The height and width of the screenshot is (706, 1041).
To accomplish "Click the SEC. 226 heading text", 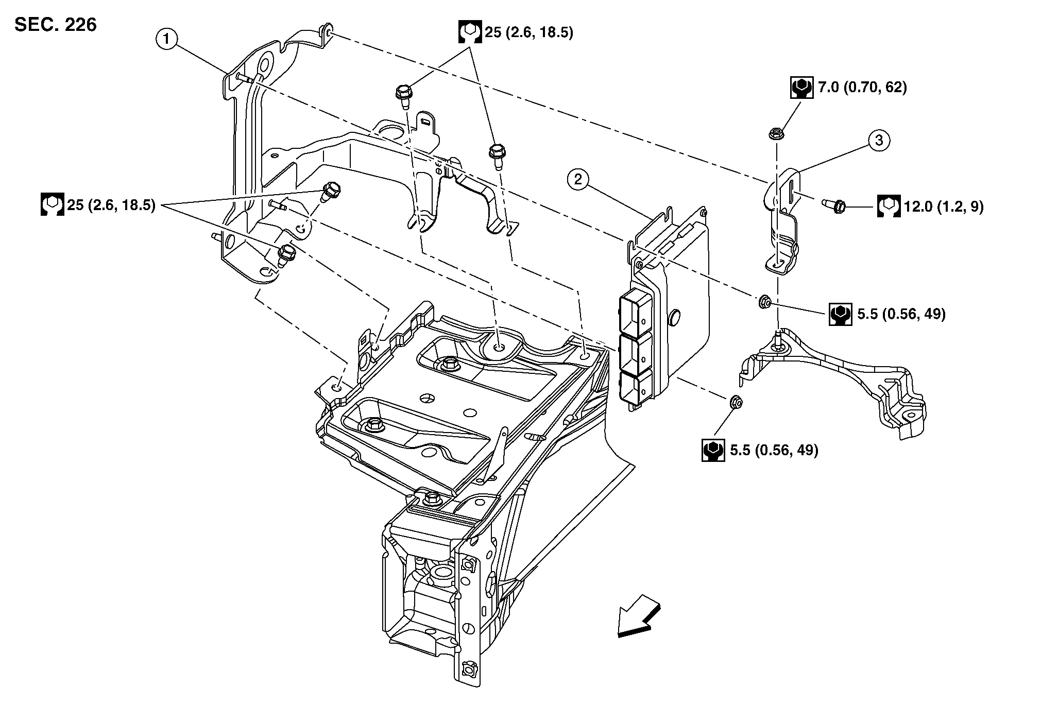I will click(x=56, y=24).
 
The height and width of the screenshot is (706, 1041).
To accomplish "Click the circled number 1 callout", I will click(x=167, y=38).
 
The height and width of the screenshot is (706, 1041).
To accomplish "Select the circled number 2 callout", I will click(x=578, y=180).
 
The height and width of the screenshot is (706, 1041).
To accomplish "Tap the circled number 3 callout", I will click(x=879, y=140).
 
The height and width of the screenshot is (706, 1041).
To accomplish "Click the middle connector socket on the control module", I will click(x=633, y=353).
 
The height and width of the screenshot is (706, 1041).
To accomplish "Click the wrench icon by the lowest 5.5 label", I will click(x=713, y=450).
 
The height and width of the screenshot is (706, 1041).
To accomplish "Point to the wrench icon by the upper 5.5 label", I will click(x=840, y=314).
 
